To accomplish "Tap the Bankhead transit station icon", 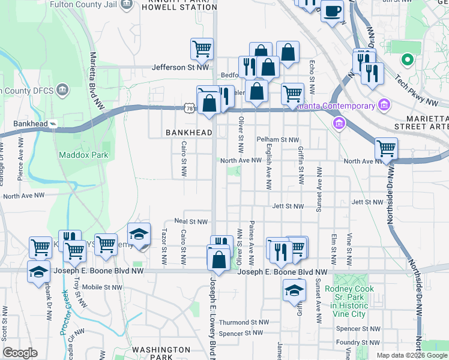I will (x=53, y=124).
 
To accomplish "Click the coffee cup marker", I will (x=332, y=10).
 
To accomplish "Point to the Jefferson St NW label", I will (x=181, y=68).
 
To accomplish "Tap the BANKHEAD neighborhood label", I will (x=189, y=132).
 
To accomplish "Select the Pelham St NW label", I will (x=278, y=140).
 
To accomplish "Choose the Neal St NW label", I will (x=191, y=221).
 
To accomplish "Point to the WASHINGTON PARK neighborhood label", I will (x=161, y=353).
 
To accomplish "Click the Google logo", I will (x=20, y=353).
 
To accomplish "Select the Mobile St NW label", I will (x=102, y=287).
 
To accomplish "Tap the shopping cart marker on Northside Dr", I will (x=386, y=148).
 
